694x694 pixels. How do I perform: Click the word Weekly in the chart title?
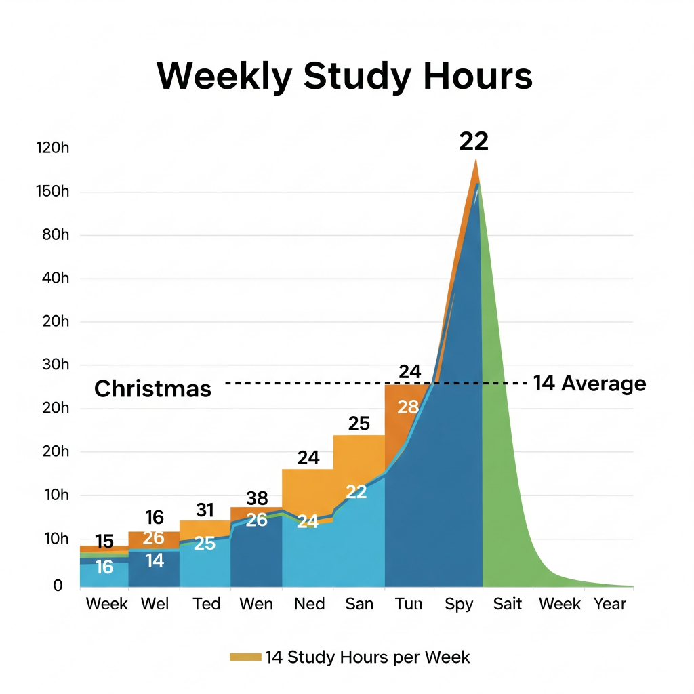coord(224,76)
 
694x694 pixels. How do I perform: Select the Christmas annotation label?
coord(152,388)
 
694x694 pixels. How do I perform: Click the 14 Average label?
coord(590,384)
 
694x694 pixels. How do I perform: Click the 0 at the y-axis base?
coord(58,585)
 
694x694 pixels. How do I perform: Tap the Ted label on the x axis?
coord(206,603)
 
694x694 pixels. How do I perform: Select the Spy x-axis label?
coord(459,603)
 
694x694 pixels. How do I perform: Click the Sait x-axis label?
coord(508,603)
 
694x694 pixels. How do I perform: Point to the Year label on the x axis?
coord(609,603)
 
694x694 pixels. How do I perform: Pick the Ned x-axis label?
coord(309,603)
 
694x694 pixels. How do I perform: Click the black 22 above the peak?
coord(474,141)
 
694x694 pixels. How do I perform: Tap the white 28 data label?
coord(408,407)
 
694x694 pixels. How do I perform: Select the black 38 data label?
coord(257,499)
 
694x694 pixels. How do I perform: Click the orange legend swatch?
coord(245,657)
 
